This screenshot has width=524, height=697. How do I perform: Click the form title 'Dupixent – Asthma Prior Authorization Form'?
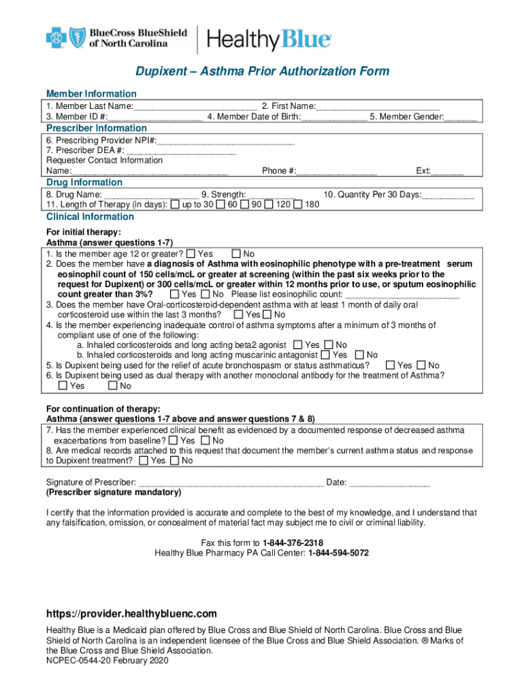coord(262,71)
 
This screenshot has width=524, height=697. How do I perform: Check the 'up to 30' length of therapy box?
coord(176,205)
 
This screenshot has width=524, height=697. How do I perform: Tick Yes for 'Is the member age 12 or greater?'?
coord(191,254)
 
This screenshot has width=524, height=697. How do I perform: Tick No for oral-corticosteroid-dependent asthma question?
coord(267,315)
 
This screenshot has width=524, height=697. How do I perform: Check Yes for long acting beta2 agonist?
coord(298,345)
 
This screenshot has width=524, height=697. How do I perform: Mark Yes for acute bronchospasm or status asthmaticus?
coord(390,366)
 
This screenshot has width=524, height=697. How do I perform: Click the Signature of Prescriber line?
coord(231,483)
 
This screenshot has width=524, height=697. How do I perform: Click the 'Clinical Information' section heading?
coord(90,217)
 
